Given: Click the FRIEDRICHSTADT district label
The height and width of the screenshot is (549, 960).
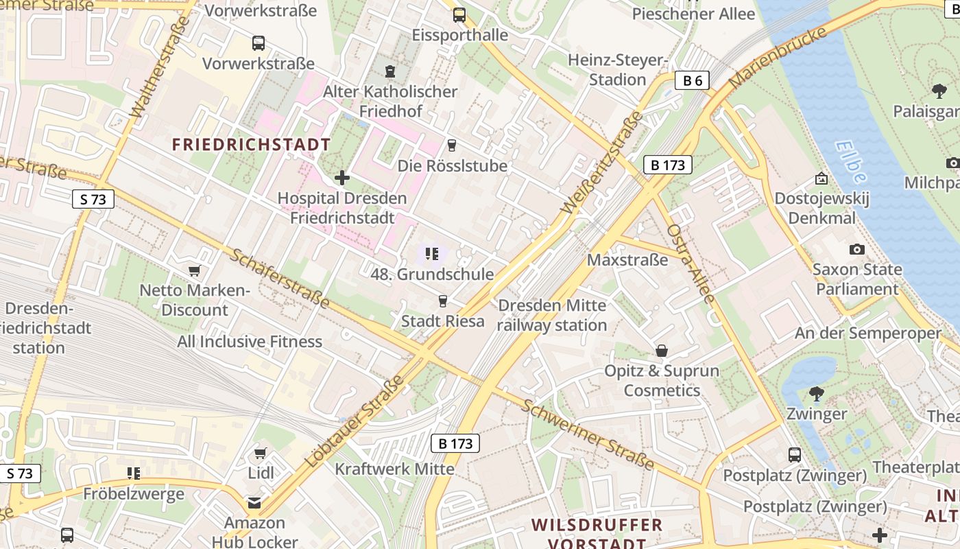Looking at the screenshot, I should pos(251,145).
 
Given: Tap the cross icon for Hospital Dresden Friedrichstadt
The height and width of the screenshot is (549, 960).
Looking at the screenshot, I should pos(341,178).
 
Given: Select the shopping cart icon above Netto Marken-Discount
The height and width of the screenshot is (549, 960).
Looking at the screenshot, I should pos(194,271).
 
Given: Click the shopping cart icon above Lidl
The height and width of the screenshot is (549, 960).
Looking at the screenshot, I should pos(260,454).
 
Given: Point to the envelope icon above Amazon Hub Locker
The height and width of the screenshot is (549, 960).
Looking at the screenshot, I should pos(254,504).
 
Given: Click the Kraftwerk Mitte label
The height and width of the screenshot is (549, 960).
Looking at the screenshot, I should pos(394,469).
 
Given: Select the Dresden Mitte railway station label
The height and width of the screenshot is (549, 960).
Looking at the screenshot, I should pos(552,315).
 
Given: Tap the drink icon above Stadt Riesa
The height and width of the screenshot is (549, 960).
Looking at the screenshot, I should pos(442,301).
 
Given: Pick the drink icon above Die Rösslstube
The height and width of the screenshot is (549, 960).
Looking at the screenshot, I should pos(451,145).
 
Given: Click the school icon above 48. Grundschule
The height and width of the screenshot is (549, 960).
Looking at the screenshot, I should pos(431,255).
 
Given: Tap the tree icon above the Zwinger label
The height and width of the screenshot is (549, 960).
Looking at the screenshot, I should pos(816,394).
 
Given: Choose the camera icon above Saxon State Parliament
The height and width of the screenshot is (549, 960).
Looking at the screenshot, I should pos(856,249).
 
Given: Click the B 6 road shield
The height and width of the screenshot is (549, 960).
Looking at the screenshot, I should pos(692,81).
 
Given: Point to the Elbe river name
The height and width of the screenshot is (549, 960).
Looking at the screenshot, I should pos(851,162).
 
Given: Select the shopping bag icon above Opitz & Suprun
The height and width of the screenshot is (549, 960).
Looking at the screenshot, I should pos(662,351).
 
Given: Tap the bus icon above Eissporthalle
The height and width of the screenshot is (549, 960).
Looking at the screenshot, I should pos(459,14).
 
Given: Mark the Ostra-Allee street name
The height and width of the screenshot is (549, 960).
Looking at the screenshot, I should pos(691,263).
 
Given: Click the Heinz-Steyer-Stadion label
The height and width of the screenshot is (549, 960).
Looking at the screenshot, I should pos(617,70).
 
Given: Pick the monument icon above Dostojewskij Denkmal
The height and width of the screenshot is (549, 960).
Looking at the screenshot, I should pos(821,179).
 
